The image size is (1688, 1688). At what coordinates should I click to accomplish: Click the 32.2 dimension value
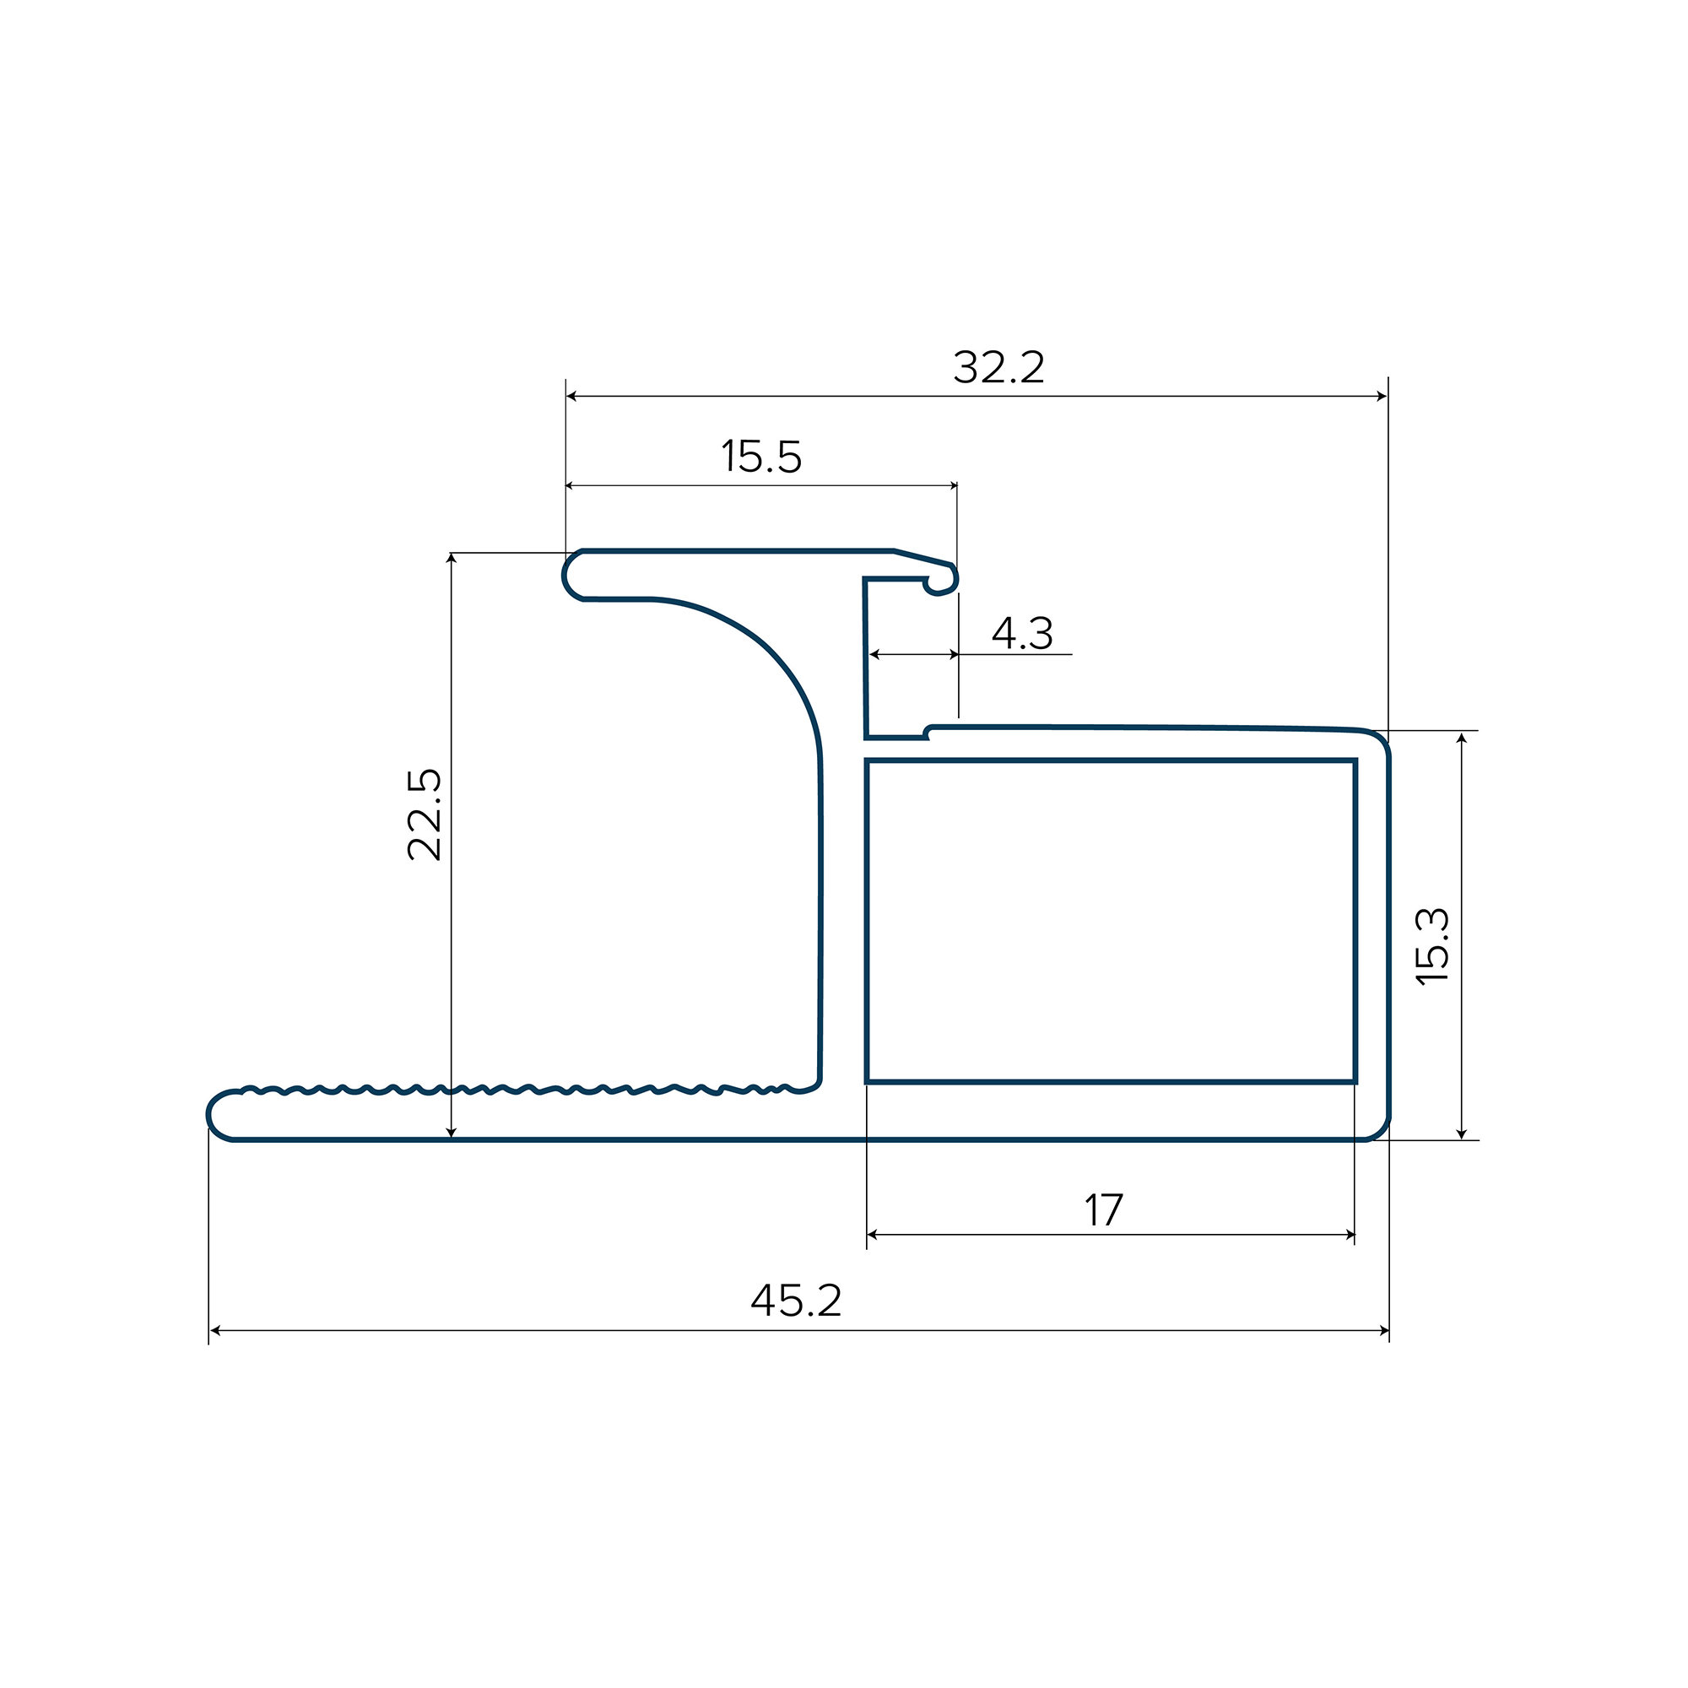(x=998, y=367)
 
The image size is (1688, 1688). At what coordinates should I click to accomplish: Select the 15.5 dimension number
(x=761, y=457)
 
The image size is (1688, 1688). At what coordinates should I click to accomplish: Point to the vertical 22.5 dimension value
(x=425, y=814)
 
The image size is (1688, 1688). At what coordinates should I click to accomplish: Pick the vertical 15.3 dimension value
(x=1433, y=947)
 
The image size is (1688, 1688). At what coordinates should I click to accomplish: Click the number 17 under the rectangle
(x=1103, y=1210)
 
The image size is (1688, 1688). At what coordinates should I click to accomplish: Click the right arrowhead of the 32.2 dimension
(x=1382, y=397)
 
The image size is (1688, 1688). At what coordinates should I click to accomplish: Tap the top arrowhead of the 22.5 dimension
(x=451, y=558)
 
